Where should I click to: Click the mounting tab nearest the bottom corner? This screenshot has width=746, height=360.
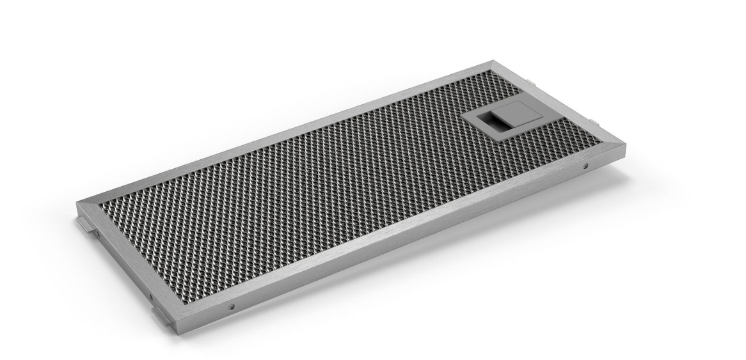tap(160, 317)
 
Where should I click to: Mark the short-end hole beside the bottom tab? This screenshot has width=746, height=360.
tap(148, 296)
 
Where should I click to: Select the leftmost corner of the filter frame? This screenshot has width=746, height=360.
tap(76, 203)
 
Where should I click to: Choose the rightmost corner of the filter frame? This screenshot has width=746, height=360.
tap(625, 146)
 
